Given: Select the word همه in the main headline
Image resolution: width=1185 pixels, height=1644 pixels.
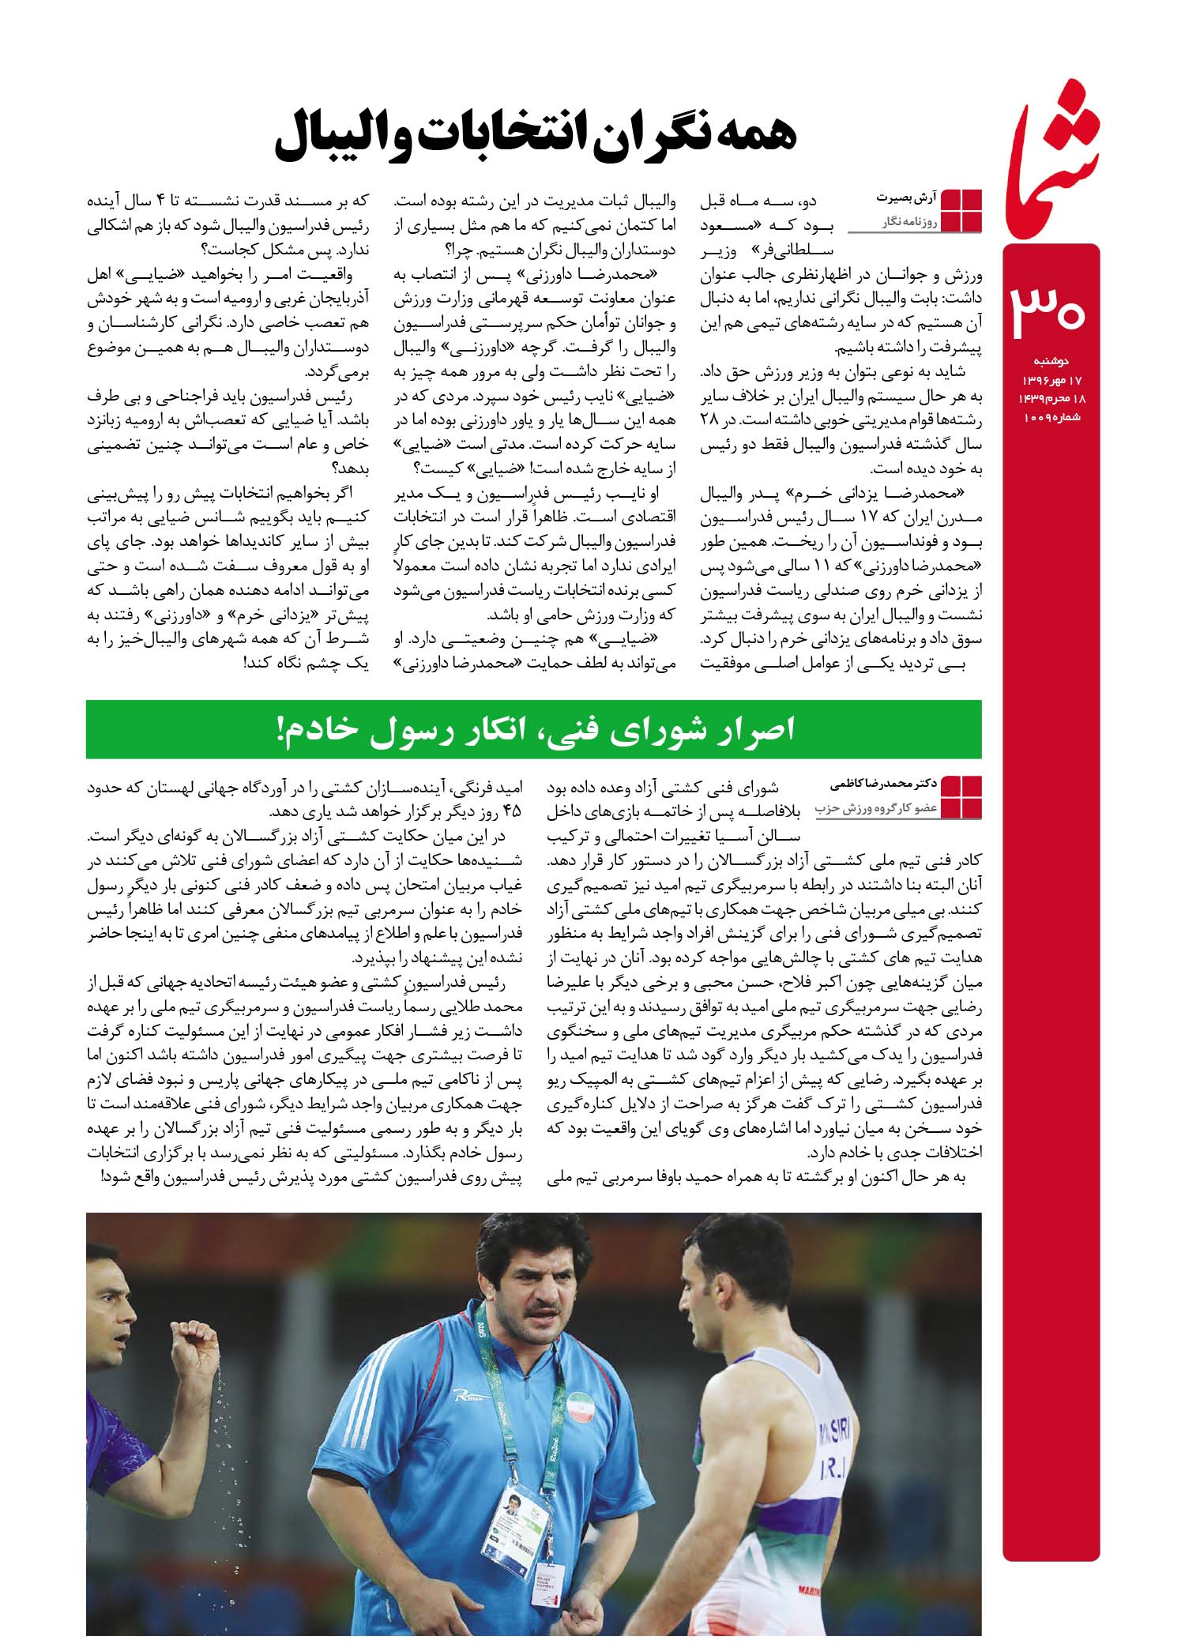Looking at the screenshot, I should pyautogui.click(x=749, y=135).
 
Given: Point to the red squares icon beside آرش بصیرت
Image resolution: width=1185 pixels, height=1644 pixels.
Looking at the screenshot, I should pyautogui.click(x=962, y=211).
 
